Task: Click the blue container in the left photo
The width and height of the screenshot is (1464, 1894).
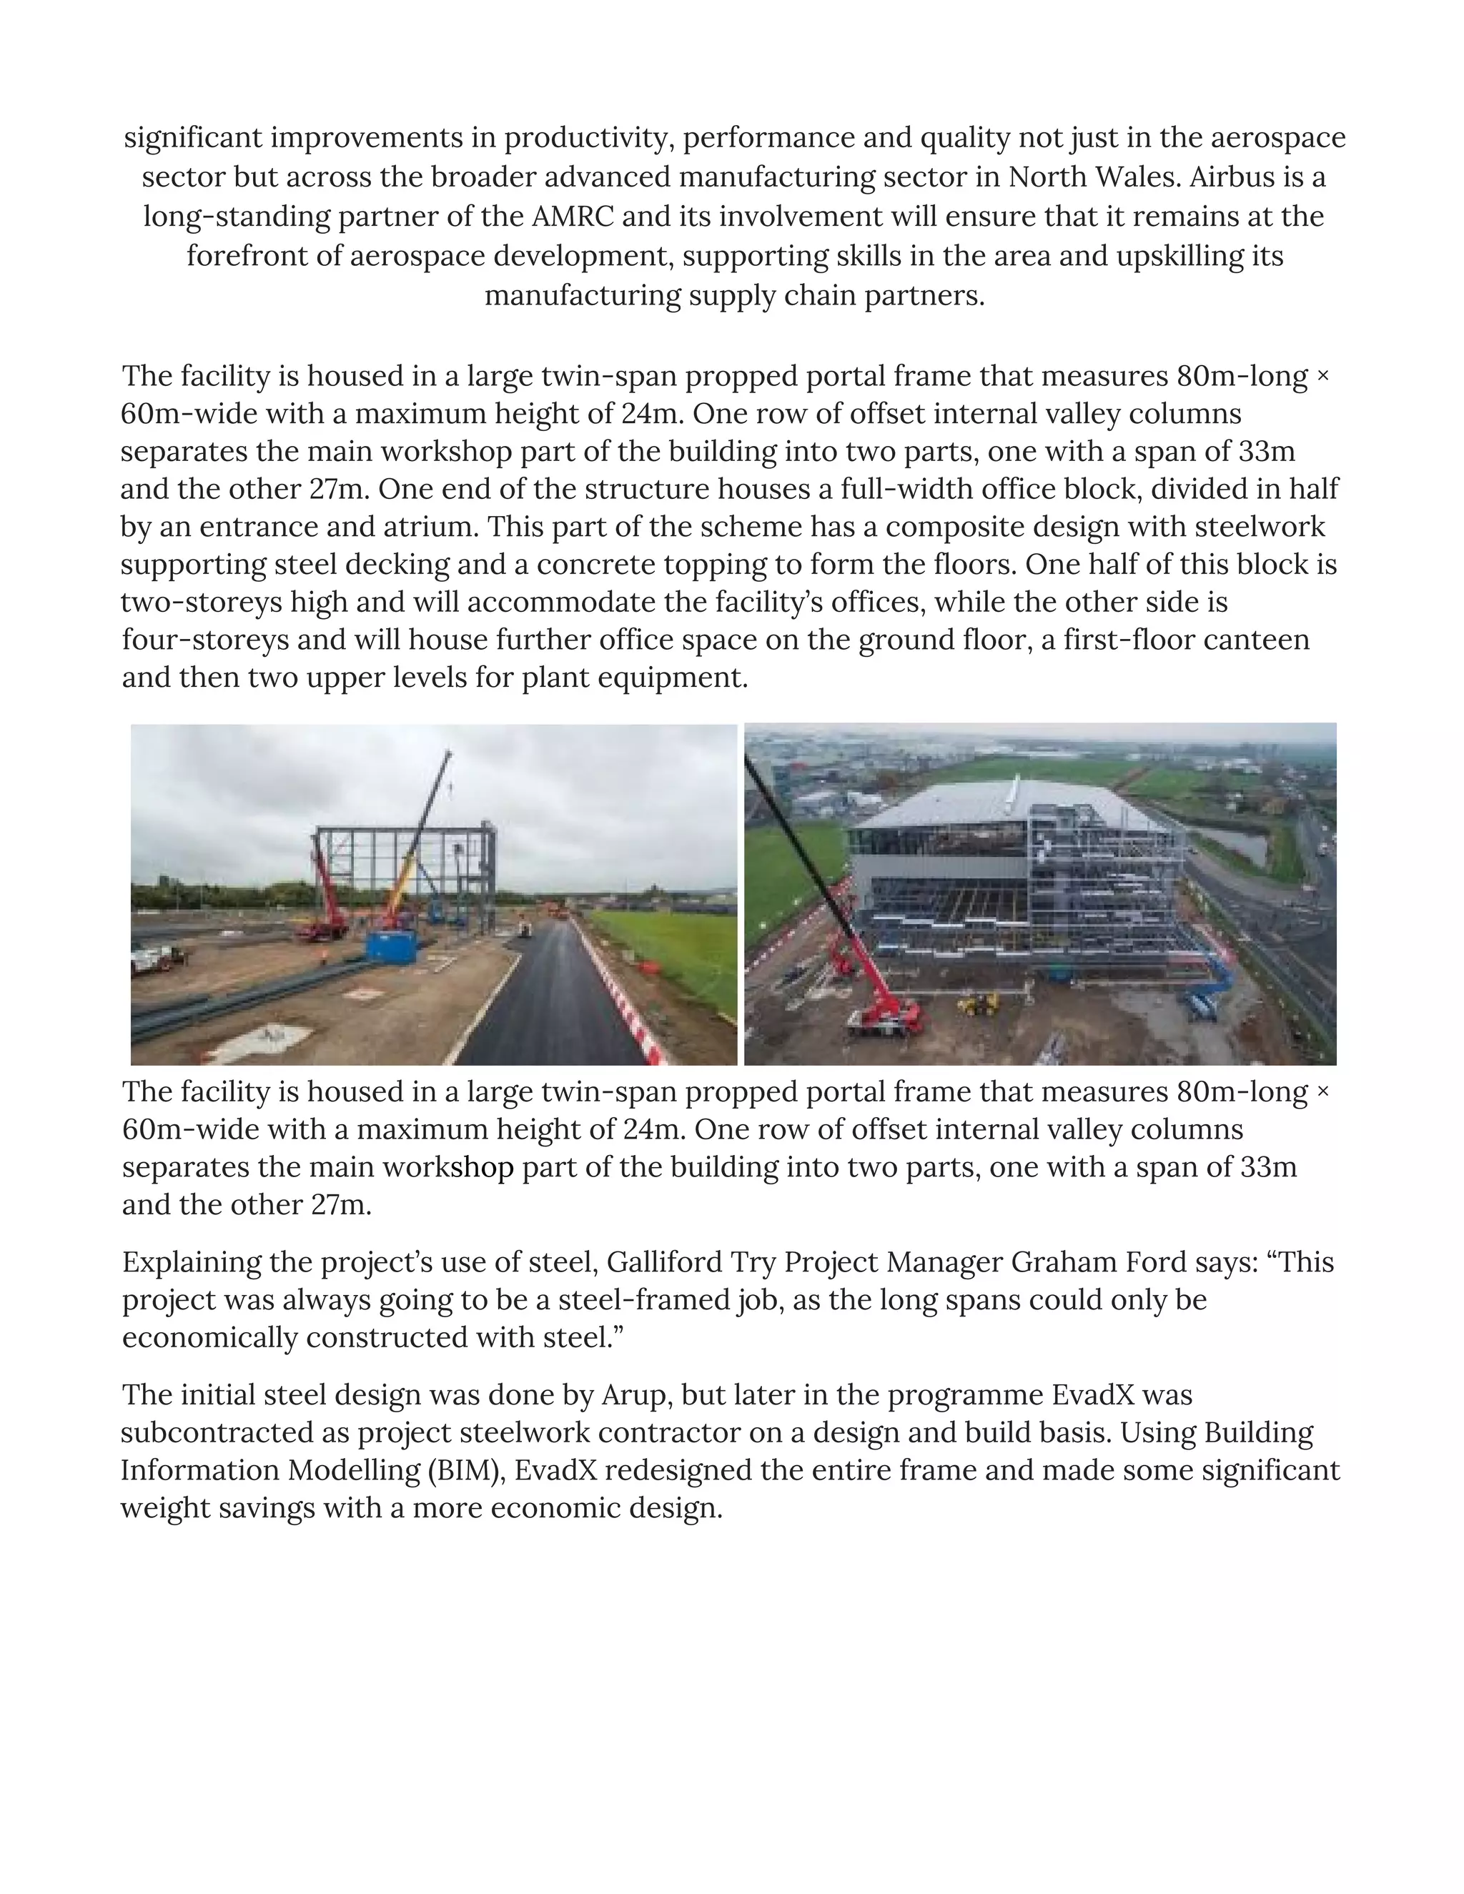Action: click(x=392, y=943)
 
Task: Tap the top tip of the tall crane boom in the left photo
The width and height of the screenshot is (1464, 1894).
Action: click(x=449, y=753)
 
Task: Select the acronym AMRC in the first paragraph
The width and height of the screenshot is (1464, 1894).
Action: click(x=573, y=216)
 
